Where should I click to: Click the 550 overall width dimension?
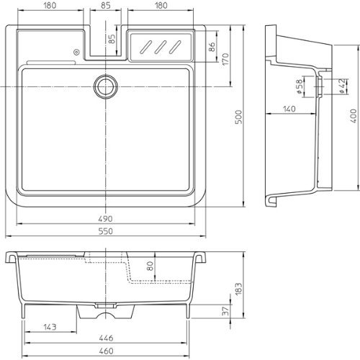pyautogui.click(x=106, y=231)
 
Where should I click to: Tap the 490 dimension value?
pyautogui.click(x=105, y=219)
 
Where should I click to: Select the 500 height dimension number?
pyautogui.click(x=238, y=117)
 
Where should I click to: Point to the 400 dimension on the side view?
pyautogui.click(x=354, y=116)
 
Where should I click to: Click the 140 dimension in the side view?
pyautogui.click(x=289, y=109)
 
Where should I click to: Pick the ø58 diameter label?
pyautogui.click(x=300, y=86)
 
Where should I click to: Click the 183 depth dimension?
pyautogui.click(x=238, y=289)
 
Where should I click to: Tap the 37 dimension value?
pyautogui.click(x=226, y=311)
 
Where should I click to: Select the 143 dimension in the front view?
pyautogui.click(x=50, y=327)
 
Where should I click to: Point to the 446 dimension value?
pyautogui.click(x=106, y=338)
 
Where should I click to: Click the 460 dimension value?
pyautogui.click(x=106, y=351)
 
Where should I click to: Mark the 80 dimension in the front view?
pyautogui.click(x=150, y=266)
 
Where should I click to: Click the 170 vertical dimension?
pyautogui.click(x=225, y=59)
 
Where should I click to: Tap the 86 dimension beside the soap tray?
pyautogui.click(x=212, y=47)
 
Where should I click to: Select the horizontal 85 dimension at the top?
pyautogui.click(x=106, y=5)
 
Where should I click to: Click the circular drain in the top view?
pyautogui.click(x=106, y=86)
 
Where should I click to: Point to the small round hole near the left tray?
pyautogui.click(x=76, y=52)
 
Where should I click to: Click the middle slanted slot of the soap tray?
pyautogui.click(x=161, y=47)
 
